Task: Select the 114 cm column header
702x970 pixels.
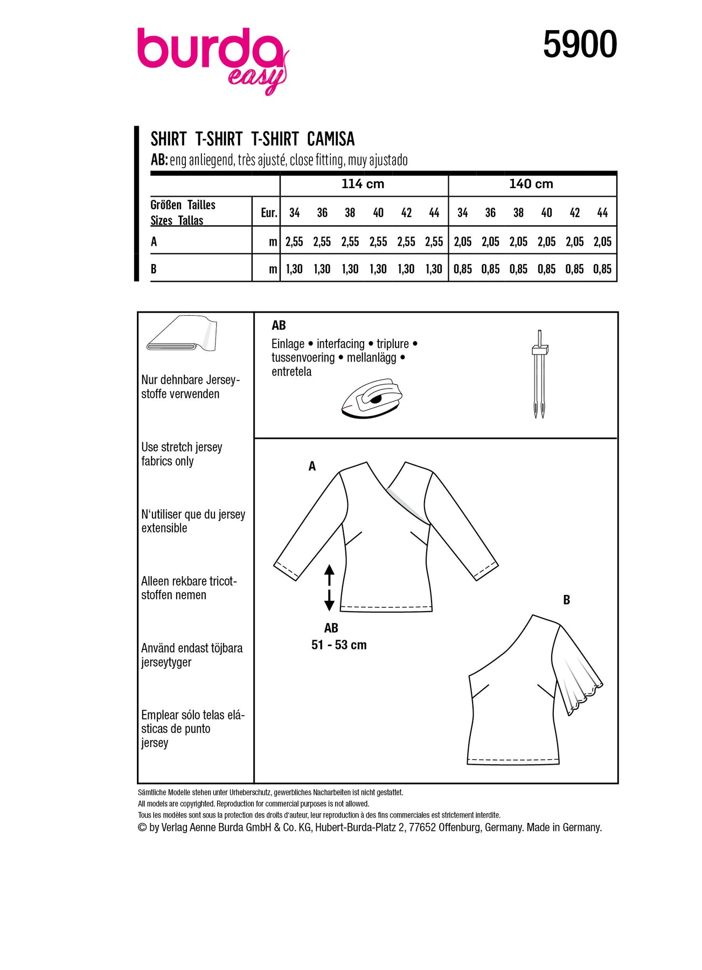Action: pos(363,184)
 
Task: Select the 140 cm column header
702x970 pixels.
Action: pos(531,184)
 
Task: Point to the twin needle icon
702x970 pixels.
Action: pos(539,373)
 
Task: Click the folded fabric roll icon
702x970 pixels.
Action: pos(181,334)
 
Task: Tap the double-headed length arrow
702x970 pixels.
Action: pos(329,587)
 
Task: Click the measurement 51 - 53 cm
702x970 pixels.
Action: pos(339,645)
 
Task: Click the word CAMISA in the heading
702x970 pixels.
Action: pos(331,140)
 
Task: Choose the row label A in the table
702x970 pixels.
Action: pos(154,242)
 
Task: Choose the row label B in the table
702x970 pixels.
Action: pos(154,269)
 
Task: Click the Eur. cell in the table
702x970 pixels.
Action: pos(268,213)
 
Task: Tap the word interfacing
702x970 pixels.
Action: pos(340,344)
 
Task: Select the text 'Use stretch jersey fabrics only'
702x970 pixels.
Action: pos(182,454)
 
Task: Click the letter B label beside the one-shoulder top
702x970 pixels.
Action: pos(566,600)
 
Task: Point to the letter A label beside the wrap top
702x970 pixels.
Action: pos(312,467)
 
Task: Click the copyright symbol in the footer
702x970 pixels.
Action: pos(142,828)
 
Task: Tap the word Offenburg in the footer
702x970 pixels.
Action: pos(460,828)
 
